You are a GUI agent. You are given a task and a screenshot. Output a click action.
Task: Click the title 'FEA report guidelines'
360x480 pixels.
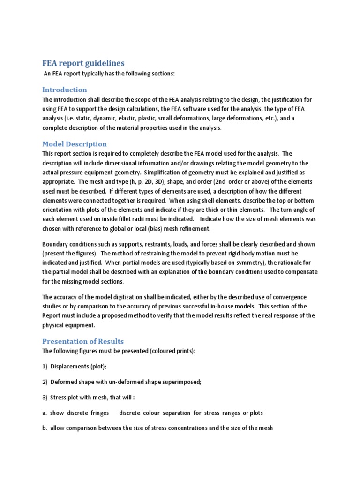coord(83,63)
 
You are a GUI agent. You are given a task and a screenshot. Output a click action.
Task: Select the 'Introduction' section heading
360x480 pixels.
coord(65,90)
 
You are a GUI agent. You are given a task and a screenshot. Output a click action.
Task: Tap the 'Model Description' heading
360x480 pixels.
coord(75,144)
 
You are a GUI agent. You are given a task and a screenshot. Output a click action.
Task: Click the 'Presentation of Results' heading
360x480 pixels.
coord(83,341)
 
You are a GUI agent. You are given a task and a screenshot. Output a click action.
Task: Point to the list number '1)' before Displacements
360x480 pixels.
coord(45,367)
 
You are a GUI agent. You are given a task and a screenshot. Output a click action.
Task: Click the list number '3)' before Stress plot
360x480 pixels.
coord(45,397)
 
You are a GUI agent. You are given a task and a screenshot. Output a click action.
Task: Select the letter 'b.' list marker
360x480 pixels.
coord(45,428)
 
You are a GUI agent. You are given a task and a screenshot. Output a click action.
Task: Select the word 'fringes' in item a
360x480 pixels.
coord(98,413)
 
